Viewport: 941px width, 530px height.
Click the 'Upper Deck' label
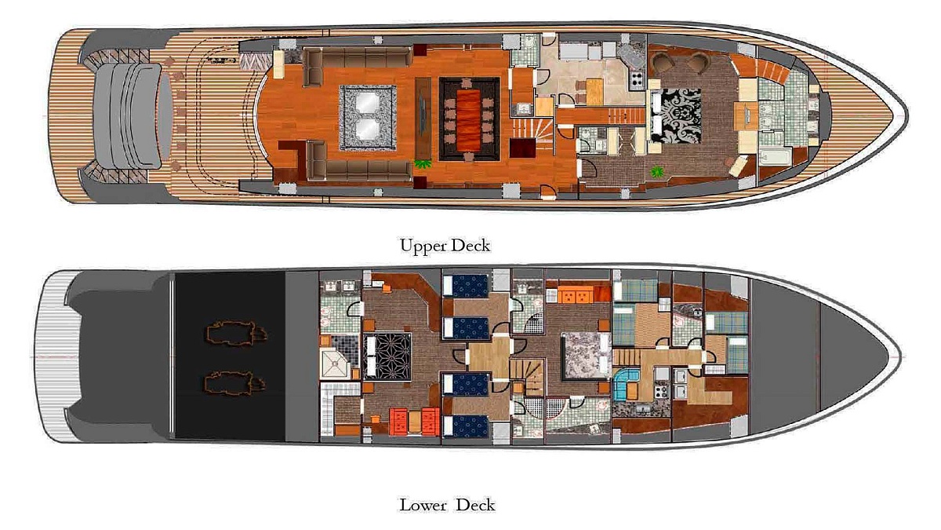coord(445,246)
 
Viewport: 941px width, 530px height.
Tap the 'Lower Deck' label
coord(447,505)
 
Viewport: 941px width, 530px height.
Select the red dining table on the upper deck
coord(468,119)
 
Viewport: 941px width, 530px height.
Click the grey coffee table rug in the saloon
coord(368,117)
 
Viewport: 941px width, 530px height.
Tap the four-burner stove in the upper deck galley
coord(637,79)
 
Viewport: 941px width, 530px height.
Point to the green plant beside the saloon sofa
coord(423,163)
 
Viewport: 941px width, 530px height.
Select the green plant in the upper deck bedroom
coord(656,171)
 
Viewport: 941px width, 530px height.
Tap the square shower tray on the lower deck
coord(336,364)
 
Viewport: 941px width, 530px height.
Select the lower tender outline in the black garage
coord(234,383)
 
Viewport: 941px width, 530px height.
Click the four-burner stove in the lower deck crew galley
coord(661,392)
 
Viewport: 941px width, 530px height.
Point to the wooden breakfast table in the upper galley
coord(594,91)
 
